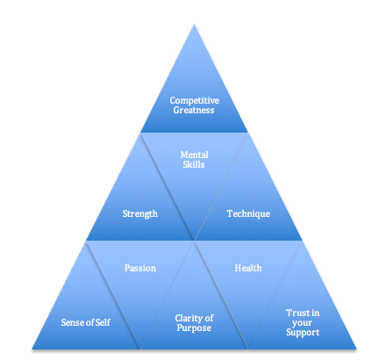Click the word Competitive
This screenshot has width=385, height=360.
(194, 100)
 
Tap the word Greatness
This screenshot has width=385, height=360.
(194, 110)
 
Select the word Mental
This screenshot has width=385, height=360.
(194, 155)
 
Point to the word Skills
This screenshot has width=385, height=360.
(194, 164)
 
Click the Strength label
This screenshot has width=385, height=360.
(140, 213)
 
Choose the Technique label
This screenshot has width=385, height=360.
(248, 213)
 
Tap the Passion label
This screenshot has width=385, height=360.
(140, 268)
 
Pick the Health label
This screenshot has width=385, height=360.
(248, 268)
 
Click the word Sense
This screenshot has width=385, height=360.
(72, 322)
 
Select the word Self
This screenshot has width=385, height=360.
(103, 322)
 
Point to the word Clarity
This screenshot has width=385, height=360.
(189, 318)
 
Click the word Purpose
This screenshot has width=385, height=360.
(194, 328)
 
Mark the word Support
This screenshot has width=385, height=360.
(303, 333)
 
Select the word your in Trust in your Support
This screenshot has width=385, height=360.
(302, 323)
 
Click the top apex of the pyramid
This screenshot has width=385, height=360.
(194, 25)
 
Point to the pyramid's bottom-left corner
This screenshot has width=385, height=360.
(32, 349)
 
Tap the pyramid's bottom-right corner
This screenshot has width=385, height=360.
(356, 349)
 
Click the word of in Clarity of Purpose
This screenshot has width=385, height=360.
(209, 318)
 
